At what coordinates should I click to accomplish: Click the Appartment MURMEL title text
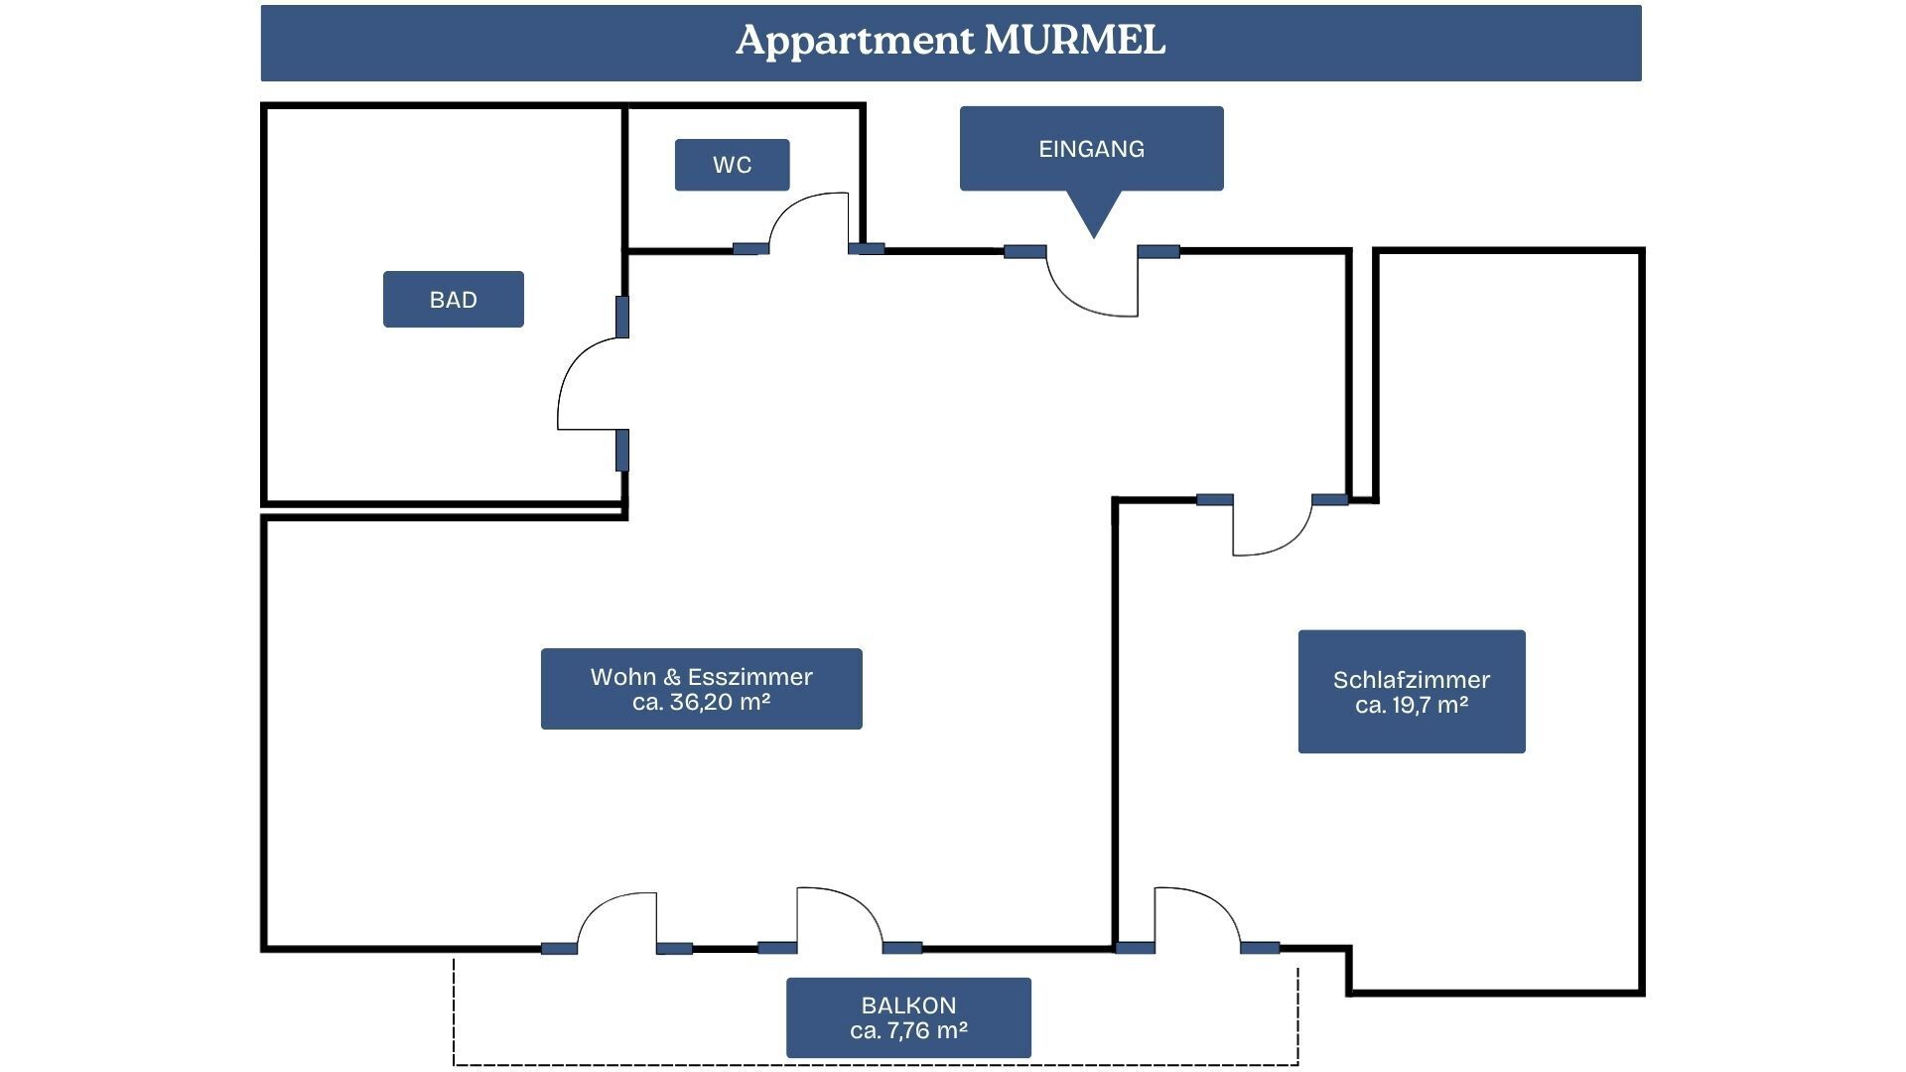pyautogui.click(x=950, y=41)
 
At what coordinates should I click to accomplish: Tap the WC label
pyautogui.click(x=733, y=165)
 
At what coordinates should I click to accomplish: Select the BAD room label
pyautogui.click(x=454, y=300)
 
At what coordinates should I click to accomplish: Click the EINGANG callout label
pyautogui.click(x=1092, y=149)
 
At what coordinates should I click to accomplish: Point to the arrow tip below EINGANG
pyautogui.click(x=1094, y=238)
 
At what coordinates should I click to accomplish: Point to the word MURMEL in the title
pyautogui.click(x=1074, y=41)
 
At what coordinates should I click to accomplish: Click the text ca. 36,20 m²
pyautogui.click(x=702, y=703)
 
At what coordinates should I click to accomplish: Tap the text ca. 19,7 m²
pyautogui.click(x=1412, y=706)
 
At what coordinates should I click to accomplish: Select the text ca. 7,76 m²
pyautogui.click(x=909, y=1031)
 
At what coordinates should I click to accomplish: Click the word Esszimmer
pyautogui.click(x=750, y=677)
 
